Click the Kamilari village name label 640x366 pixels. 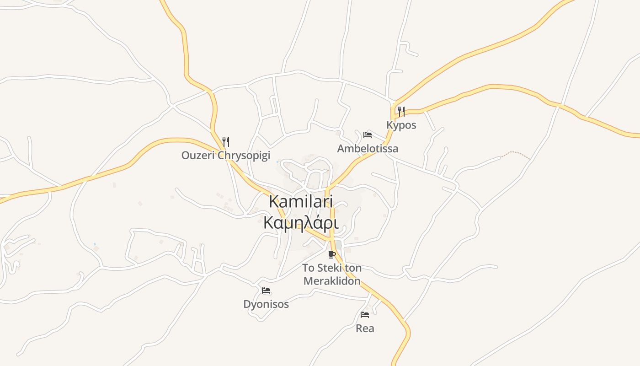tap(301, 201)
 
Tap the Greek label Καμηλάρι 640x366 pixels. tap(301, 223)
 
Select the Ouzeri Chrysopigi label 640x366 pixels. tap(226, 155)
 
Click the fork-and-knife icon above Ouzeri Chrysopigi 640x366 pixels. tap(225, 141)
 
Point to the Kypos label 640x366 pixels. tap(401, 125)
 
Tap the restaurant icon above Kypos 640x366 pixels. tap(401, 111)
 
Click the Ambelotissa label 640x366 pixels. tap(368, 148)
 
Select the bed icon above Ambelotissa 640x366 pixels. tap(367, 135)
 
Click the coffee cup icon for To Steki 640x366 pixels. tap(332, 255)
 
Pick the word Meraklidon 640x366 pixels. tap(332, 281)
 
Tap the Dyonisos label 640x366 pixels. tap(266, 304)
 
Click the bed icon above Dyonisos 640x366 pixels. tap(266, 291)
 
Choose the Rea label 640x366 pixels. tap(365, 328)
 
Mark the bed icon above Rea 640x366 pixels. tap(364, 315)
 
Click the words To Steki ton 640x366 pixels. tap(332, 268)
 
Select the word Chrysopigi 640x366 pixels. tap(244, 155)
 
